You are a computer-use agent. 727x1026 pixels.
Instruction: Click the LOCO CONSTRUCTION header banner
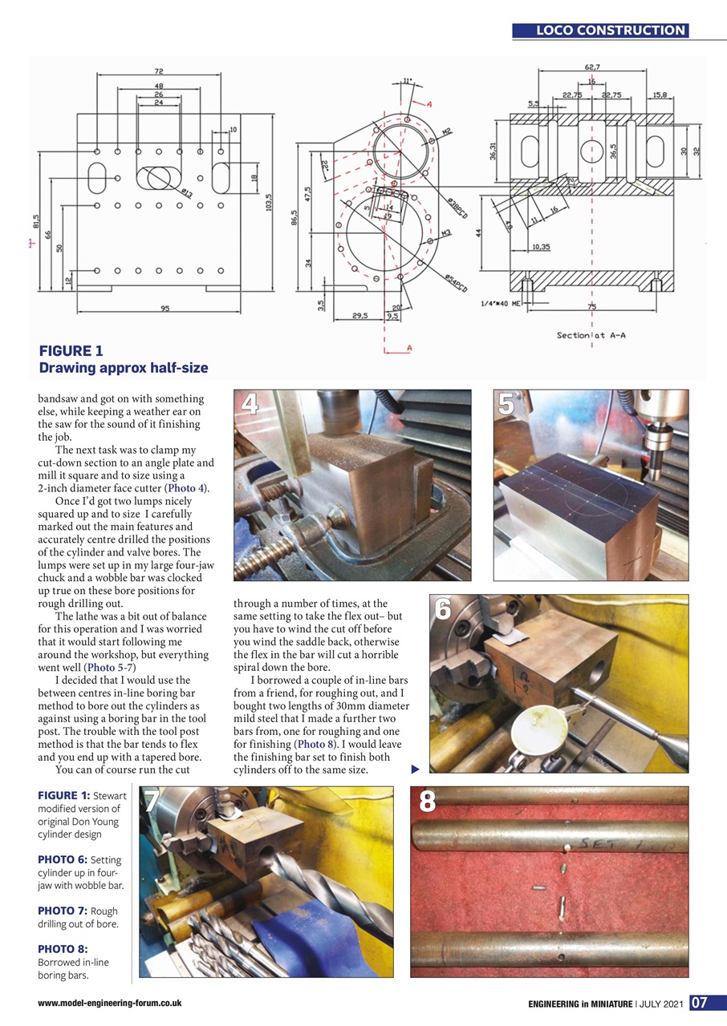(611, 30)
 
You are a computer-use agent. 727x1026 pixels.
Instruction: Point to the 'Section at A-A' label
(591, 335)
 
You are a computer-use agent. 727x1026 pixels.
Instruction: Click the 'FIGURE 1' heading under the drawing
(71, 350)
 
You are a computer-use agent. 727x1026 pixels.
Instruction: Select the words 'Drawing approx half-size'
(124, 368)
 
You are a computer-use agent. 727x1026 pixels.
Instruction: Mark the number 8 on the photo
(427, 802)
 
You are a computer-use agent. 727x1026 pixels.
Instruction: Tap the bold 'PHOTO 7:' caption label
(63, 911)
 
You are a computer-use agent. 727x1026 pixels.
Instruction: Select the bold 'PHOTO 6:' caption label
(63, 859)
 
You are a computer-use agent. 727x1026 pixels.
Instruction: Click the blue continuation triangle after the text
(415, 770)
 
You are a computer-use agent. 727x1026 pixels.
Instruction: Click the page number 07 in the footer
(699, 1002)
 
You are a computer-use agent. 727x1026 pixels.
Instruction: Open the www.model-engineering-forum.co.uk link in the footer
(110, 1003)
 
